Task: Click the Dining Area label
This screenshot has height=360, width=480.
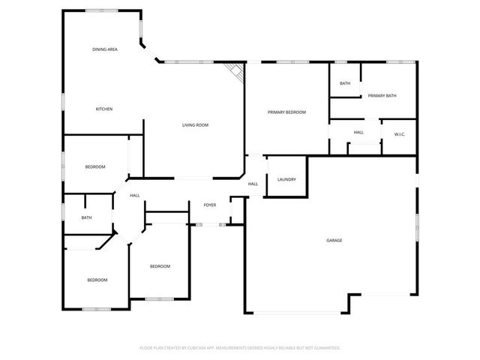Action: point(105,49)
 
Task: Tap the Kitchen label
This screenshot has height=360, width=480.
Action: point(104,109)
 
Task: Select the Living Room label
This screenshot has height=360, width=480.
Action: point(195,125)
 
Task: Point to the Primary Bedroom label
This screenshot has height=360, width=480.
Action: point(287,112)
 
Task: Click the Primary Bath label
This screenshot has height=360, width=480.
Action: point(382,96)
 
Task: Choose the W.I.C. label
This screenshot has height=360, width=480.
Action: point(400,134)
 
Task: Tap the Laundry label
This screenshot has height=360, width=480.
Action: point(286,180)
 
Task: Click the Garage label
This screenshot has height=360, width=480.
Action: point(334,241)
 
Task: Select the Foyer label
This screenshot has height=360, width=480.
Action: point(210,205)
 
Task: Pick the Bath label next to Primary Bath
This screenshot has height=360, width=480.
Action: point(345,83)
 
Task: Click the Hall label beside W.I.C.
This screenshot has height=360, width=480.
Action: point(358,133)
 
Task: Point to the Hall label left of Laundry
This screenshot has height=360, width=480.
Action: point(253,184)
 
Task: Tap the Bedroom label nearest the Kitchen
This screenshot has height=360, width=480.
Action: point(95,166)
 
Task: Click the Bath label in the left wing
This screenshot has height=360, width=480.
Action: point(87,218)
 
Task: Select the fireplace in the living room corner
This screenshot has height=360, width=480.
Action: point(237,72)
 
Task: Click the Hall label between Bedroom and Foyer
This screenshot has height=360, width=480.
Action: point(135,196)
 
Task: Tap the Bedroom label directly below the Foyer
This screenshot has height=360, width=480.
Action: point(160,267)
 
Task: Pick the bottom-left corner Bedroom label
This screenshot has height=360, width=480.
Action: point(97,280)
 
